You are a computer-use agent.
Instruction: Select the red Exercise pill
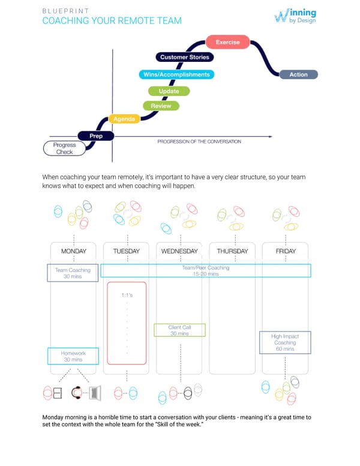[227, 42]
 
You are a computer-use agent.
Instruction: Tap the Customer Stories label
[184, 57]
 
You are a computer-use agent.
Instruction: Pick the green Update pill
[169, 91]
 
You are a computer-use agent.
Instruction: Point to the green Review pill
[161, 106]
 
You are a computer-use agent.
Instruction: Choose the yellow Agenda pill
[124, 119]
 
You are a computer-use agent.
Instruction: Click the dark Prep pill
[96, 136]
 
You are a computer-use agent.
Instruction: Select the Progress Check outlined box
[64, 148]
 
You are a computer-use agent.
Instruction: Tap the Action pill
[298, 74]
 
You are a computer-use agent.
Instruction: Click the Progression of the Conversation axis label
[199, 142]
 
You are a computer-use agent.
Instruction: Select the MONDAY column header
[74, 251]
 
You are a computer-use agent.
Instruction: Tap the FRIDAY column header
[285, 251]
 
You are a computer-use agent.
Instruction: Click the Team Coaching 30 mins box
[73, 273]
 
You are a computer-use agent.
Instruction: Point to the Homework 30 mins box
[73, 356]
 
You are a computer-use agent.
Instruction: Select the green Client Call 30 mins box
[179, 330]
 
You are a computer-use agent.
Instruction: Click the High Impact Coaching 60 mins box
[284, 342]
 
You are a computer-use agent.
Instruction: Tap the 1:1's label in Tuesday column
[127, 295]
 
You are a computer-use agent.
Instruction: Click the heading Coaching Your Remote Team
[112, 21]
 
